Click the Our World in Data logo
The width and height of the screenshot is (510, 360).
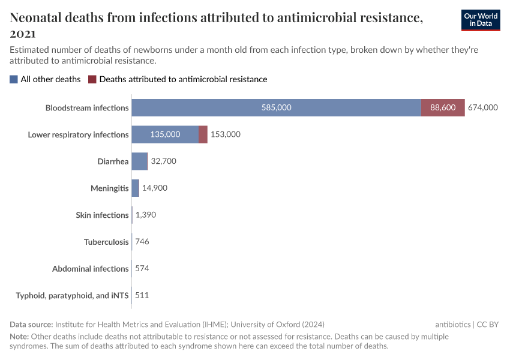(x=481, y=20)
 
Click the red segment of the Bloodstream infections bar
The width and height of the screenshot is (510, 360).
(x=443, y=107)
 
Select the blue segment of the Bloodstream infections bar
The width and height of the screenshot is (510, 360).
(x=276, y=107)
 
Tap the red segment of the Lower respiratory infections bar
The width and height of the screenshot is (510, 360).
(x=203, y=134)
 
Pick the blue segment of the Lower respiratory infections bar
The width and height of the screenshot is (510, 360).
(x=165, y=134)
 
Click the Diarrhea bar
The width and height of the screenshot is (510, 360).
(x=139, y=161)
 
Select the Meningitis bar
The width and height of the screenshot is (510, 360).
(x=136, y=188)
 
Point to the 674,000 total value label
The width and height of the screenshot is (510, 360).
(x=483, y=107)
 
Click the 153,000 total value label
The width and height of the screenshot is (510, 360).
(x=226, y=134)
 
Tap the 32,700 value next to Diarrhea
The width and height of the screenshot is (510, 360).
(x=164, y=161)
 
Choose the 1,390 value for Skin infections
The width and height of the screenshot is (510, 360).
(x=146, y=215)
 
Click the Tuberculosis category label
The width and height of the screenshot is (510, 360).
(x=106, y=242)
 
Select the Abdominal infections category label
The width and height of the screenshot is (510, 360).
(x=91, y=269)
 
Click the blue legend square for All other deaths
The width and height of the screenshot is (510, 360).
(x=14, y=79)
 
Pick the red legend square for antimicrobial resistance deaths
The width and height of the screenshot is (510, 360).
(x=92, y=79)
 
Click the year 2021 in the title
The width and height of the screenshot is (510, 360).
(x=23, y=34)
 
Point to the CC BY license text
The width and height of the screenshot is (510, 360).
(x=488, y=325)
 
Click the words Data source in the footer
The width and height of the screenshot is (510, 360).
(x=31, y=325)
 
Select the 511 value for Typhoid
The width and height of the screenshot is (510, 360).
(x=142, y=295)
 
